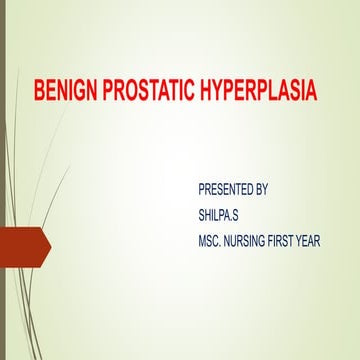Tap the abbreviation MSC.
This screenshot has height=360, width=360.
[x=213, y=241]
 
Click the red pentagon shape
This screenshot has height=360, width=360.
[x=22, y=242]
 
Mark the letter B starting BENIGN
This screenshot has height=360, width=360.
[x=40, y=93]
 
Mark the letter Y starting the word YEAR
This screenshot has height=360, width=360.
[x=322, y=241]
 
